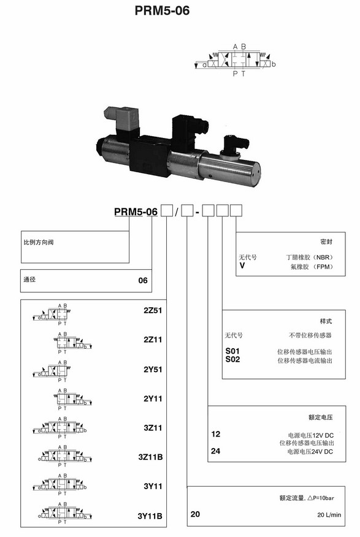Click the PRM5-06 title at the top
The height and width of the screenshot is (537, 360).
click(x=162, y=10)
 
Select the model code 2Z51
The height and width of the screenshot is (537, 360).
click(x=153, y=310)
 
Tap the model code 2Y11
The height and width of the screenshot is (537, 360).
click(x=153, y=398)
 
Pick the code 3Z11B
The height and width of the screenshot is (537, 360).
click(x=150, y=457)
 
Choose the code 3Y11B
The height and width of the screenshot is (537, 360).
click(x=150, y=516)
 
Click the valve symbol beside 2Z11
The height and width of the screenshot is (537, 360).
click(x=73, y=343)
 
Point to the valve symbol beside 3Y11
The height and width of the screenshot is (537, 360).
click(x=59, y=485)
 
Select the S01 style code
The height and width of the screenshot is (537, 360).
click(x=232, y=351)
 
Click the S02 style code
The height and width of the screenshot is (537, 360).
click(x=232, y=359)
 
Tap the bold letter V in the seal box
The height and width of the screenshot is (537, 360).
click(x=242, y=265)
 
